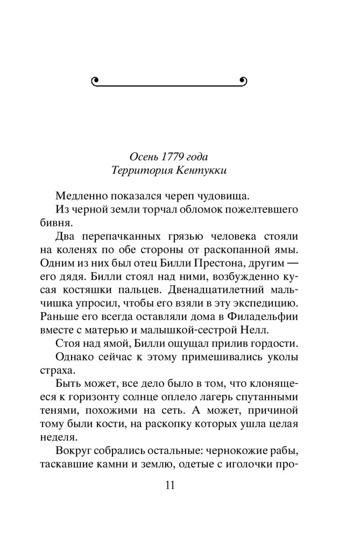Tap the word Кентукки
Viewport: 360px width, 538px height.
point(205,171)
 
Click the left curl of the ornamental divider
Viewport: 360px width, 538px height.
point(95,81)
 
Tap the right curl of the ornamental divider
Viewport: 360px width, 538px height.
point(243,81)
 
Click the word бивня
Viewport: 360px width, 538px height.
point(53,223)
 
